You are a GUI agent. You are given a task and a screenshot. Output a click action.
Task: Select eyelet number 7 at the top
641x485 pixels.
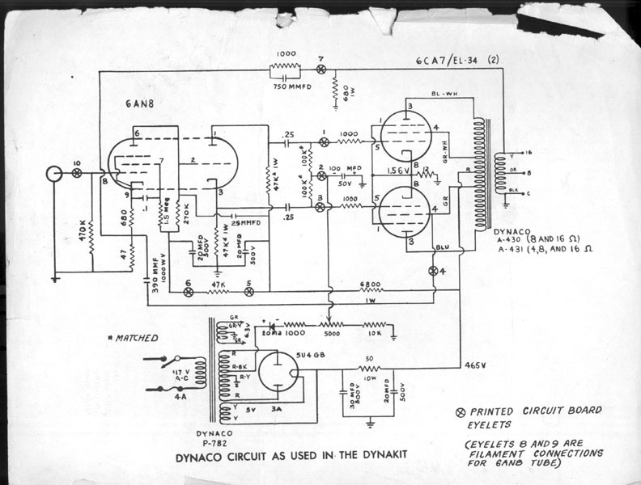[x=322, y=70]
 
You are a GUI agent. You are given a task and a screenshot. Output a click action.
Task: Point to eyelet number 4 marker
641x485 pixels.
[x=432, y=270]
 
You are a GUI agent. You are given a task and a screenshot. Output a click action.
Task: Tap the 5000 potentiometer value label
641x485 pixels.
[x=332, y=332]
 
